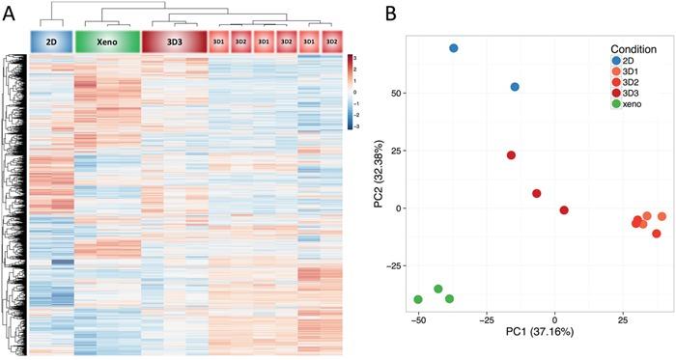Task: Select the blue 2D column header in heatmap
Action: point(51,42)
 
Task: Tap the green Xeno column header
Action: point(106,42)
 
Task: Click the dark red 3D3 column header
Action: point(174,42)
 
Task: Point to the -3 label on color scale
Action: point(362,125)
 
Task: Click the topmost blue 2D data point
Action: point(453,47)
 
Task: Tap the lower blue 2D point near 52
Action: point(515,87)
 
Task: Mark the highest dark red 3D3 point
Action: point(511,154)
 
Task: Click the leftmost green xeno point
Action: point(418,299)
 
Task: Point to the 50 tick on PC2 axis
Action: point(399,94)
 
